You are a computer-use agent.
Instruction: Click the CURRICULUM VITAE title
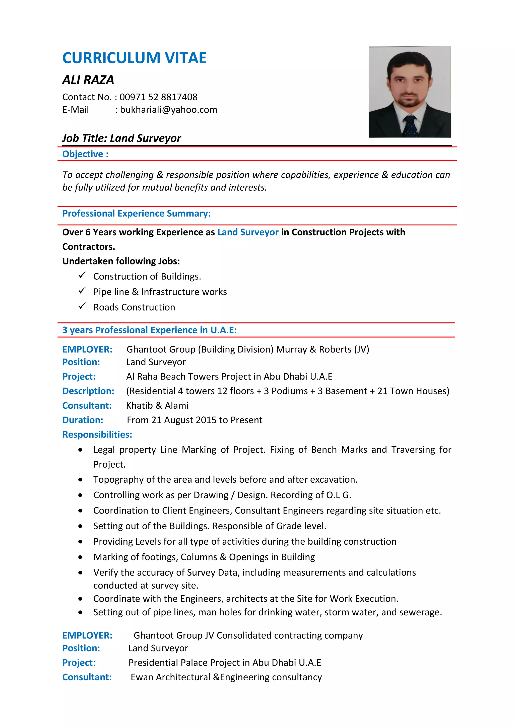pyautogui.click(x=134, y=58)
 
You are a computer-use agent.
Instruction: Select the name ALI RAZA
pyautogui.click(x=88, y=80)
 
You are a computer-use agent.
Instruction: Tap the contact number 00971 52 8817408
pyautogui.click(x=158, y=97)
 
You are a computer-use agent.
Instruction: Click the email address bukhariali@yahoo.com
pyautogui.click(x=168, y=110)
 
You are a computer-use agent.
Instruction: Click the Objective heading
pyautogui.click(x=85, y=154)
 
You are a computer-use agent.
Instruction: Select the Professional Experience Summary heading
pyautogui.click(x=136, y=213)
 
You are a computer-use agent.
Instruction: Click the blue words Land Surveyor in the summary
pyautogui.click(x=248, y=232)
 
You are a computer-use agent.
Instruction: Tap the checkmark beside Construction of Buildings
pyautogui.click(x=82, y=275)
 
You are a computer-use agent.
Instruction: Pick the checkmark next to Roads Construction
pyautogui.click(x=82, y=306)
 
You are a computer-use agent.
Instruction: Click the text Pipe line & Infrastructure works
pyautogui.click(x=160, y=292)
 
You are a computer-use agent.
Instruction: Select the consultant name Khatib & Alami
pyautogui.click(x=157, y=405)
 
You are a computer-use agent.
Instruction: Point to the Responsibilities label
pyautogui.click(x=97, y=434)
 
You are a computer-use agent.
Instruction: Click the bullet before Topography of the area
pyautogui.click(x=81, y=480)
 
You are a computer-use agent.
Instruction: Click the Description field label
pyautogui.click(x=88, y=391)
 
